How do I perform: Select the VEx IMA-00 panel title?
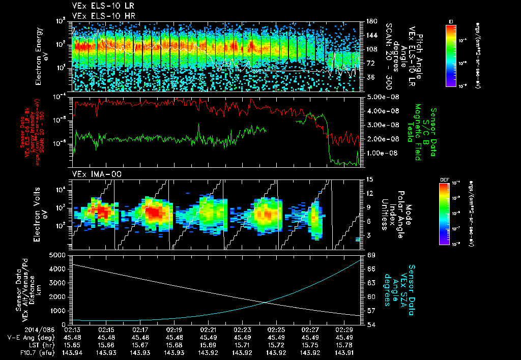(x=92, y=174)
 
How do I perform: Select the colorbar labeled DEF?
(x=451, y=214)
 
